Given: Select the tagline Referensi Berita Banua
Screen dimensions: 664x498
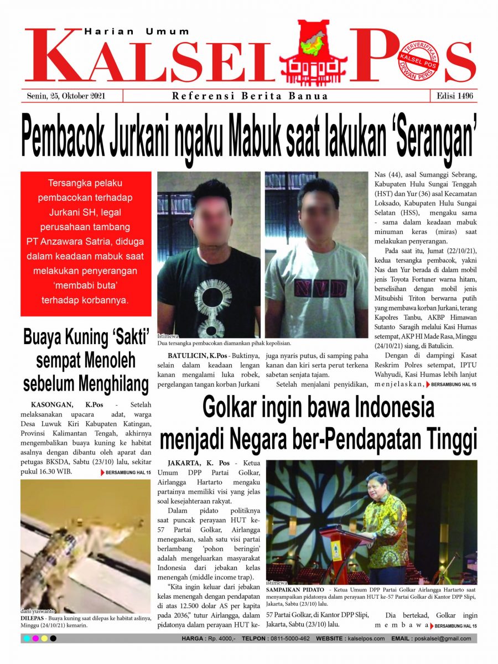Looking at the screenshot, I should [x=250, y=96].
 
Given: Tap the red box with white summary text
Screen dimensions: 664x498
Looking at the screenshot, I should [x=86, y=243].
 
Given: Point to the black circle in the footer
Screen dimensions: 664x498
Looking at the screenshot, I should [x=53, y=639].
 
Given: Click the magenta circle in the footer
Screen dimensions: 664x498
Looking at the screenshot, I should [x=35, y=639].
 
